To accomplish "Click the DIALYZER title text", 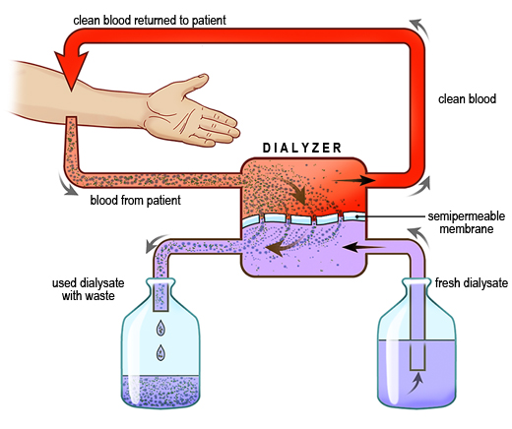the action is pyautogui.click(x=302, y=148).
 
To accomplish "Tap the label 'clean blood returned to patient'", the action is pyautogui.click(x=150, y=21).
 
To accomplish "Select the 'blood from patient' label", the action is pyautogui.click(x=135, y=200).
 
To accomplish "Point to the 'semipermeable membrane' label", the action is pyautogui.click(x=467, y=222).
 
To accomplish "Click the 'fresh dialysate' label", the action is pyautogui.click(x=472, y=282).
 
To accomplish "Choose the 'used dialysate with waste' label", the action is pyautogui.click(x=89, y=289).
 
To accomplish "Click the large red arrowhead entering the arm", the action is pyautogui.click(x=71, y=71).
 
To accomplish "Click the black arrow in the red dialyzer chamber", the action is pyautogui.click(x=354, y=180).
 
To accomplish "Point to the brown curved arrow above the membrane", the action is pyautogui.click(x=295, y=191).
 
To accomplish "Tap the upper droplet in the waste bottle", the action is pyautogui.click(x=160, y=328).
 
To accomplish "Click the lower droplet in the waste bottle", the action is pyautogui.click(x=160, y=353).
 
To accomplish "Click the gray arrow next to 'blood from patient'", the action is pyautogui.click(x=67, y=184).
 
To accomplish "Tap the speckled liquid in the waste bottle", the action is pyautogui.click(x=160, y=390).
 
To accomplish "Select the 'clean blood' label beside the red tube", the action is pyautogui.click(x=467, y=99).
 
